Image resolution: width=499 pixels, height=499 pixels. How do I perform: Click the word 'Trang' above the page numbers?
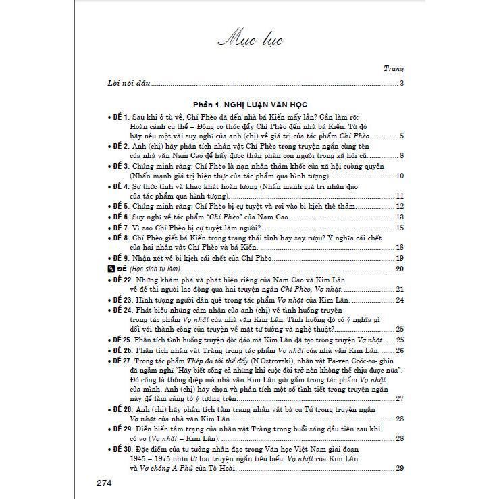(393, 69)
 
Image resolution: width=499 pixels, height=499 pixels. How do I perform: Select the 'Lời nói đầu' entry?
(128, 84)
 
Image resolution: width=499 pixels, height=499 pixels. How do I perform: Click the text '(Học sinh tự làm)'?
(153, 269)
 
